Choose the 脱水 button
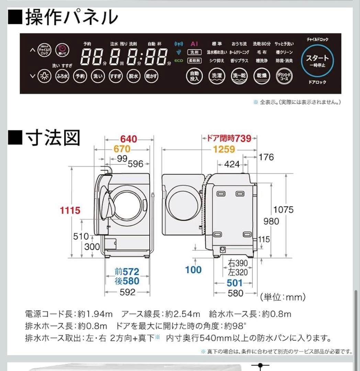[133, 76]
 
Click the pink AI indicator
[194, 44]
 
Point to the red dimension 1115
[70, 210]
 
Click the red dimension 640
[128, 139]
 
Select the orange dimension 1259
[223, 149]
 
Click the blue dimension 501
[235, 283]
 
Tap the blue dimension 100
[193, 270]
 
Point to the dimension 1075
[283, 209]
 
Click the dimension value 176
[266, 157]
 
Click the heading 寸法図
[45, 137]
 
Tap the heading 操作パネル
[64, 16]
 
